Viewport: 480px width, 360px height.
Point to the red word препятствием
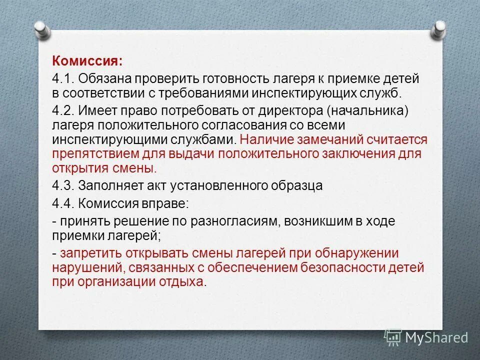coord(90,153)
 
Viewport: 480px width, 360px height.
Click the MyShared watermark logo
coord(426,338)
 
